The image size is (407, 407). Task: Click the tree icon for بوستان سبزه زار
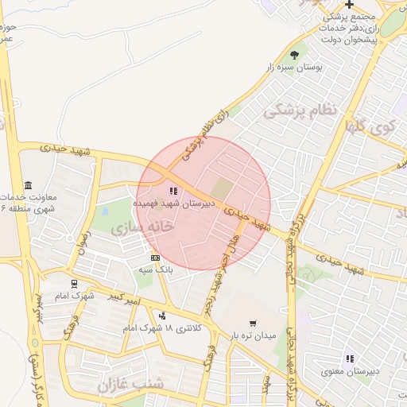pos(295,55)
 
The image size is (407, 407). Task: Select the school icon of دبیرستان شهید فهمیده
pos(173,191)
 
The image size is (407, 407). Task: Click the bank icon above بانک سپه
pos(155,258)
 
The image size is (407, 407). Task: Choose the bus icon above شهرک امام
pos(74,283)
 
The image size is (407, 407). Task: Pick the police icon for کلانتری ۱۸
pos(162,316)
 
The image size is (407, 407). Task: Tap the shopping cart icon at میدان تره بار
pos(253,324)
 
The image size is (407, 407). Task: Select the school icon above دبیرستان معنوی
pos(348,359)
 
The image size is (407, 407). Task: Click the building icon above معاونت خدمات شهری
pos(28,184)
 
